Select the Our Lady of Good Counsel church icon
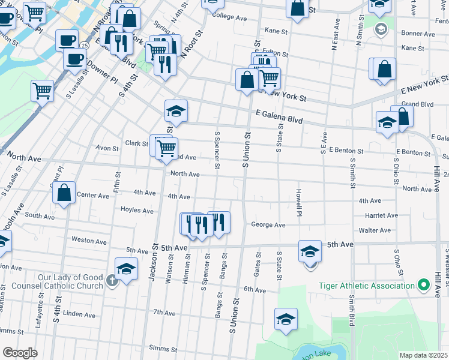pyautogui.click(x=111, y=281)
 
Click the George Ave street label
pyautogui.click(x=268, y=225)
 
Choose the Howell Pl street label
pyautogui.click(x=298, y=202)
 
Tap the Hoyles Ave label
pyautogui.click(x=137, y=210)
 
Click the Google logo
pyautogui.click(x=20, y=352)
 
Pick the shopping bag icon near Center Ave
pyautogui.click(x=64, y=193)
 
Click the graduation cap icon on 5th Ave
pyautogui.click(x=310, y=251)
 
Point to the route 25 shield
pyautogui.click(x=85, y=46)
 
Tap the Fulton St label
pyautogui.click(x=276, y=54)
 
